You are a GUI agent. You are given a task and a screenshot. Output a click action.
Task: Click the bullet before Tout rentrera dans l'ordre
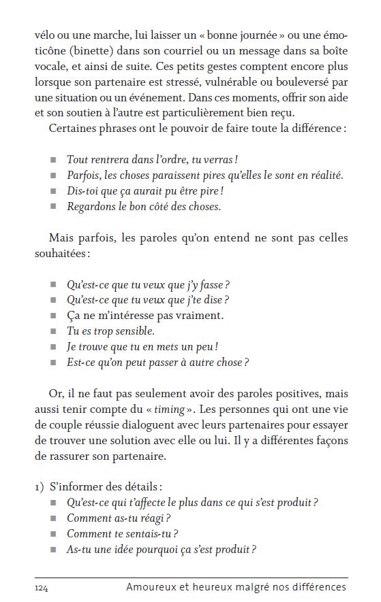click(x=54, y=160)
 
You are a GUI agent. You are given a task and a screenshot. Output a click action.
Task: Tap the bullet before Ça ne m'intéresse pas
click(x=54, y=316)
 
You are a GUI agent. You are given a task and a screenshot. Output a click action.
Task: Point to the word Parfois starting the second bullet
click(x=83, y=175)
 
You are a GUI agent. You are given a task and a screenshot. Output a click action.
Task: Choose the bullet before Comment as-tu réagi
click(x=54, y=518)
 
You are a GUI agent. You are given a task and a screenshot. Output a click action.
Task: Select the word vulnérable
click(x=262, y=82)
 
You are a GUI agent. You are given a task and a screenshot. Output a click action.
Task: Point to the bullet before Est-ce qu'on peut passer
click(x=54, y=363)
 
